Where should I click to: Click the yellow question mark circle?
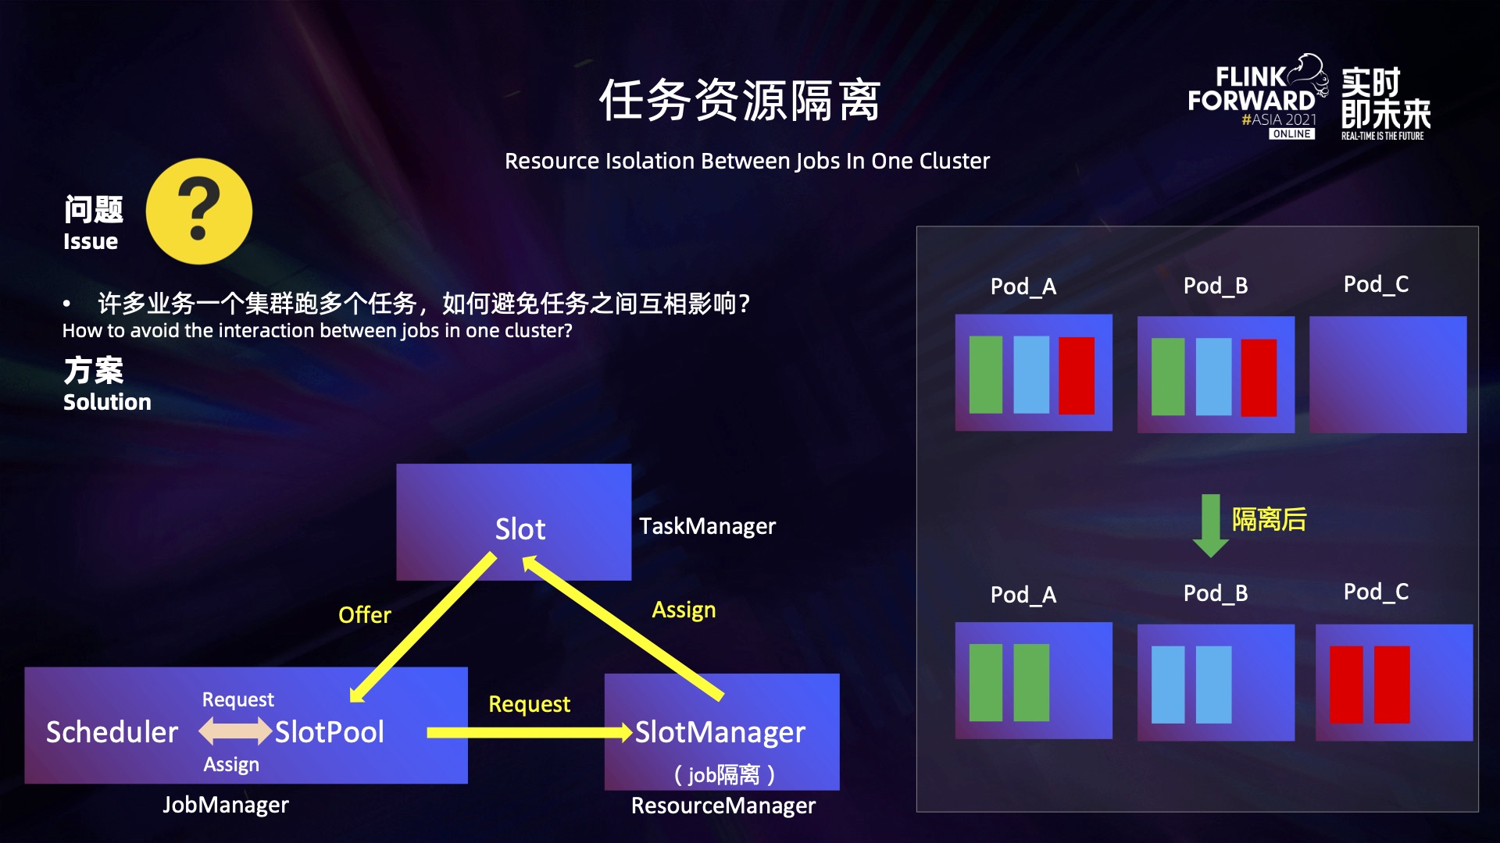coord(199,211)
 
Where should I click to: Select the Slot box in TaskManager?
coord(513,521)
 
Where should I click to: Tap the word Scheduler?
coord(112,732)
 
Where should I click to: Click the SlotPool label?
coord(329,732)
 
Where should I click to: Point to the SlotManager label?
coord(720,732)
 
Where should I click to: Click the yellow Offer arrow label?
coord(364,615)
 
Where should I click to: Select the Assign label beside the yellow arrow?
coord(684,610)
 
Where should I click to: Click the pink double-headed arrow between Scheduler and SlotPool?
coord(235,731)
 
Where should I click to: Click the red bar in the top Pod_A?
coord(1076,375)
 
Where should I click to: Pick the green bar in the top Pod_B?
coord(1168,376)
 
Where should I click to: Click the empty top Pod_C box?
coord(1387,375)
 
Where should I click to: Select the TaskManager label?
coord(707,526)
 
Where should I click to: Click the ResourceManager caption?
coord(723,806)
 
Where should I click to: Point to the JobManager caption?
coord(225,805)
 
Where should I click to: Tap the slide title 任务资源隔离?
coord(739,101)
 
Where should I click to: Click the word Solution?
coord(107,402)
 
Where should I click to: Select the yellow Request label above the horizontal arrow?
coord(529,704)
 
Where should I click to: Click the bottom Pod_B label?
coord(1215,593)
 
